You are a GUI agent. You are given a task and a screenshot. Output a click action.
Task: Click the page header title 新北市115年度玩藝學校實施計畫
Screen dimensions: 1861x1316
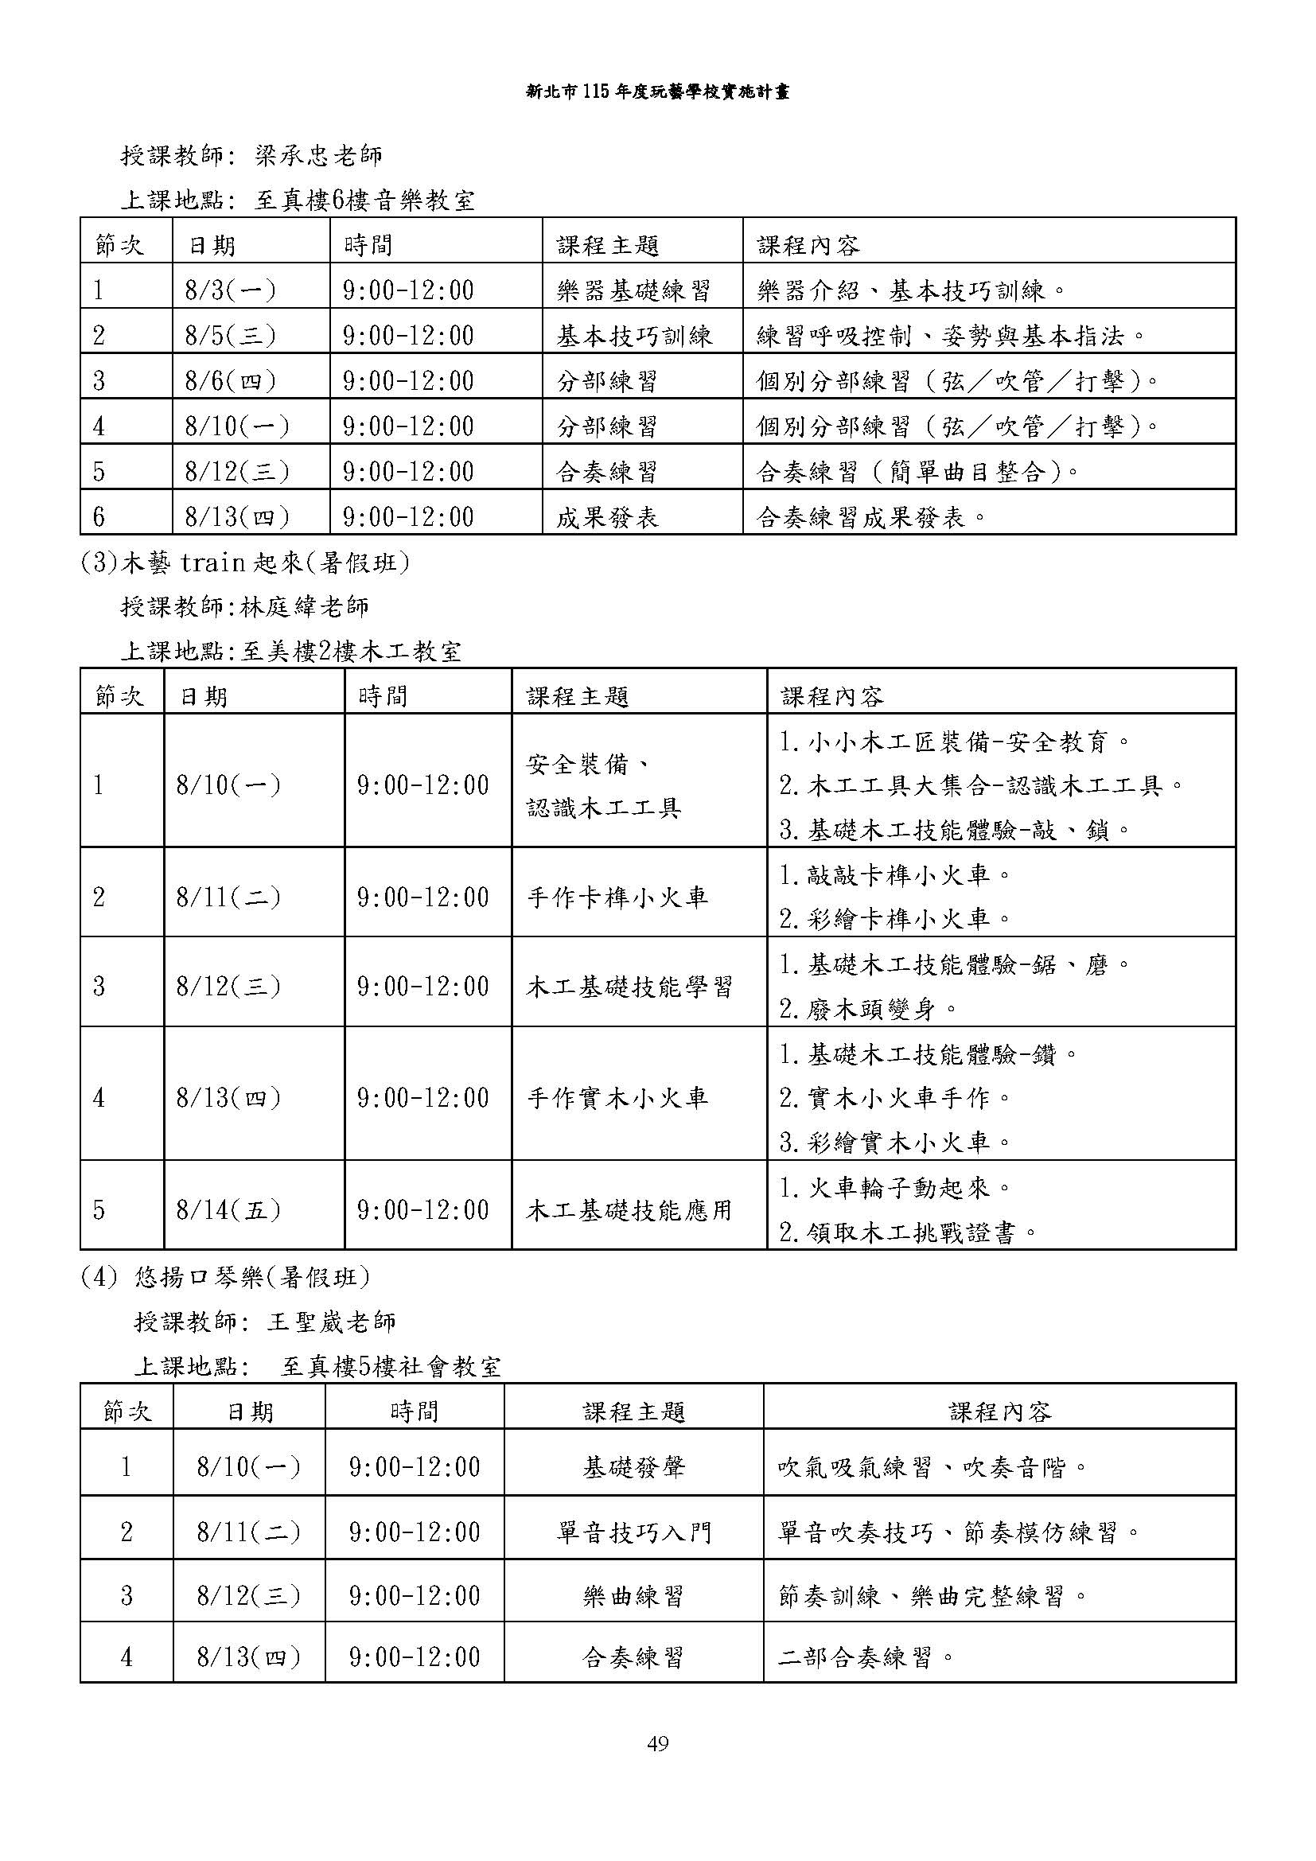click(x=657, y=92)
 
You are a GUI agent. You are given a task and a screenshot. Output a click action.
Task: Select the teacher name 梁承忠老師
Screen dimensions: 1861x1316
click(x=318, y=156)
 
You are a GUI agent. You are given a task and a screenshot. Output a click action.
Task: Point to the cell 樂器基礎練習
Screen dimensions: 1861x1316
click(x=633, y=290)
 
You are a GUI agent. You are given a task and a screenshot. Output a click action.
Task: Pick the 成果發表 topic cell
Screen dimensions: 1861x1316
click(x=607, y=517)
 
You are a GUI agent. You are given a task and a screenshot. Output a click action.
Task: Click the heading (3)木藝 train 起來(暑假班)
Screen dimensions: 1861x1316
click(x=245, y=562)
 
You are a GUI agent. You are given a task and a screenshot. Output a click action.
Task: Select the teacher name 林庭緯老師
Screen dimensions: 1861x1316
click(x=305, y=606)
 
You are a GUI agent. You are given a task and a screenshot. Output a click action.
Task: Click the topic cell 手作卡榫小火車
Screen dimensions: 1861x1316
click(x=617, y=897)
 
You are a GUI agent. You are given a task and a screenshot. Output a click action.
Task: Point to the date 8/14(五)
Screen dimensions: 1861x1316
click(x=228, y=1210)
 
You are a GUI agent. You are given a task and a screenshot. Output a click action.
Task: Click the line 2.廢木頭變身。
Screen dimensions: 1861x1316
click(x=869, y=1009)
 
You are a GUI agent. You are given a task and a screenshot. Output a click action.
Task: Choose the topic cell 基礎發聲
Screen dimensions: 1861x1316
click(x=633, y=1467)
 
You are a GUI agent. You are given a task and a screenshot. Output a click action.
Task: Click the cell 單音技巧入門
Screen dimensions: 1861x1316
click(x=633, y=1532)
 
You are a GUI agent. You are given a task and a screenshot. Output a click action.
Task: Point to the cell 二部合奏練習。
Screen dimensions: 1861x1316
click(x=866, y=1657)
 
